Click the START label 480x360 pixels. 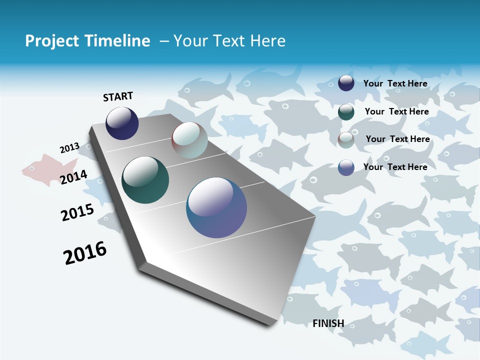(x=118, y=96)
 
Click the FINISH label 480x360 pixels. (x=328, y=323)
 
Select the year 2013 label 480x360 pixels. (x=69, y=148)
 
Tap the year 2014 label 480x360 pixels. (x=73, y=177)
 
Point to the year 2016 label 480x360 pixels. (x=85, y=253)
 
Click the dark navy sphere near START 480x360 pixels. (x=122, y=123)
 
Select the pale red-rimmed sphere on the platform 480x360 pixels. (x=189, y=140)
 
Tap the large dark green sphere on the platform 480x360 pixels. (x=145, y=180)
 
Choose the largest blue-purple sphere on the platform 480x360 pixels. (x=216, y=207)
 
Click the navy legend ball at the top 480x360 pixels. (x=346, y=83)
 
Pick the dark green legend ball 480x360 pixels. (x=346, y=112)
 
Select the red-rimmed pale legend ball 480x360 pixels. (x=346, y=140)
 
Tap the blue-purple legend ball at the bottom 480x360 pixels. (x=346, y=167)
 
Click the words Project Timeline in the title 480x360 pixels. (x=87, y=41)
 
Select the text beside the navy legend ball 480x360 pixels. (x=395, y=83)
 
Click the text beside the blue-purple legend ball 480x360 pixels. (x=395, y=167)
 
